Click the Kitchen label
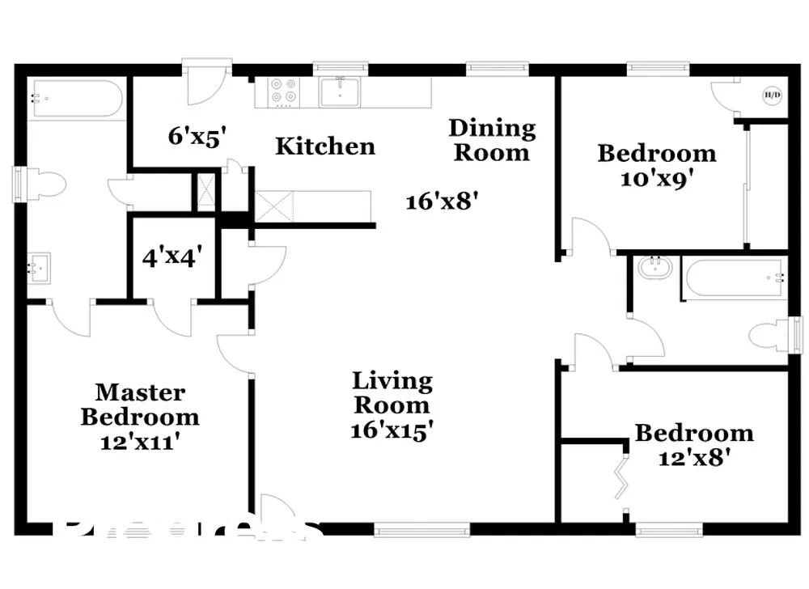click(325, 146)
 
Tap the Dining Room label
click(492, 140)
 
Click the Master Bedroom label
click(140, 405)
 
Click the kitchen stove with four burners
click(283, 91)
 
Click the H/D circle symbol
click(772, 95)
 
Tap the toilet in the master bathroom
click(44, 184)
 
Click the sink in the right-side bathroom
click(656, 268)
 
